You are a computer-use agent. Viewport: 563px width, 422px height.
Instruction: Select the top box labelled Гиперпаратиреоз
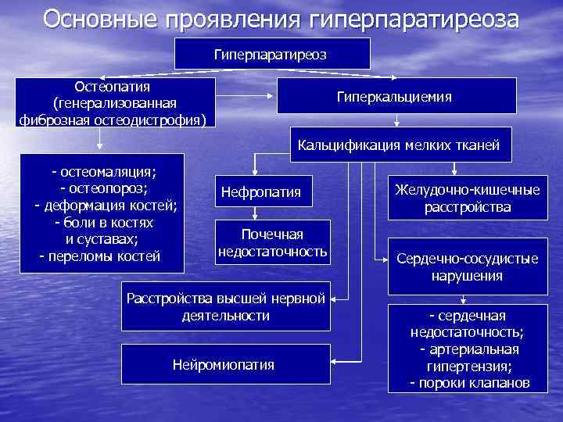271,54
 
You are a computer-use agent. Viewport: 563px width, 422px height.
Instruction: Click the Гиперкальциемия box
394,96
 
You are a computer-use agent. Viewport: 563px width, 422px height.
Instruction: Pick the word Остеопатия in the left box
112,84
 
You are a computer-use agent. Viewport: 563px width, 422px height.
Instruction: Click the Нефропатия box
261,192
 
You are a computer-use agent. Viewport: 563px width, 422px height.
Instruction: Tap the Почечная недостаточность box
272,243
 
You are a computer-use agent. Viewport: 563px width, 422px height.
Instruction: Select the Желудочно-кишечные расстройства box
468,198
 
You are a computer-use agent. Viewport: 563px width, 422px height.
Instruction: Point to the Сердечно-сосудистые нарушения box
468,266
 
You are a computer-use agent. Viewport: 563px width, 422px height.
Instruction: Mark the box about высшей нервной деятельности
226,307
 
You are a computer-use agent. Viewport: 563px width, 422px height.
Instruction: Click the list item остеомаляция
104,171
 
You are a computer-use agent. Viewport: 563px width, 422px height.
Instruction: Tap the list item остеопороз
104,188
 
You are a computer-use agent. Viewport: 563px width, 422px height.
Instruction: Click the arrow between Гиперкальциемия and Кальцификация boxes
397,120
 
